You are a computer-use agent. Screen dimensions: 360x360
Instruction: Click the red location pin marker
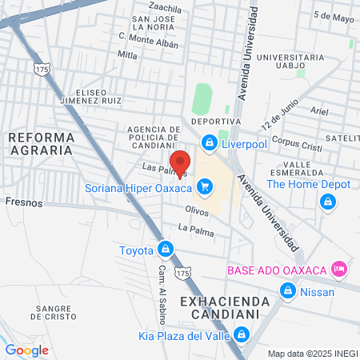pos(182,162)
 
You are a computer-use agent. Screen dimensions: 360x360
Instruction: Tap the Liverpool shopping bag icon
pos(209,142)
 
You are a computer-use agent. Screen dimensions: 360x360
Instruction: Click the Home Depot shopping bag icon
pos(326,202)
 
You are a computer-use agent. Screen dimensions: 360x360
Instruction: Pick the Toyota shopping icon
pos(165,250)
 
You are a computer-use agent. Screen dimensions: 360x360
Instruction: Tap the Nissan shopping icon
pos(287,291)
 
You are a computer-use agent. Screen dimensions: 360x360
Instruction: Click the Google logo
pos(26,350)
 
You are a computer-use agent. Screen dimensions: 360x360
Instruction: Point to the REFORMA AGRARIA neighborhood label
pos(41,144)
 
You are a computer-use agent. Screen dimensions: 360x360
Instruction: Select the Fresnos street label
pos(23,203)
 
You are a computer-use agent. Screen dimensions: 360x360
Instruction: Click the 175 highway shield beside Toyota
pos(186,274)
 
